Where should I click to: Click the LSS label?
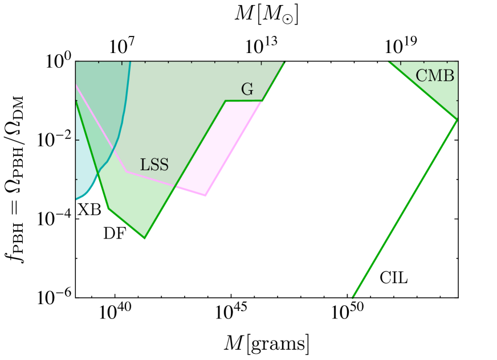(x=154, y=165)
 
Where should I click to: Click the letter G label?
(x=247, y=89)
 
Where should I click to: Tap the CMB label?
(x=435, y=76)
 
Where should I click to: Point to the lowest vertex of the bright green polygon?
(x=145, y=239)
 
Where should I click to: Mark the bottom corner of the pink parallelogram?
(x=206, y=197)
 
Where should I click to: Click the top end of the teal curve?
(x=131, y=63)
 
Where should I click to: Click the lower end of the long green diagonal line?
(x=353, y=297)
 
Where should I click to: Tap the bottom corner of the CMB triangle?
(x=457, y=121)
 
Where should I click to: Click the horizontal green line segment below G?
(x=244, y=101)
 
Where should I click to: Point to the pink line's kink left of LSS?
(x=126, y=171)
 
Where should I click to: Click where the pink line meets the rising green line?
(x=174, y=186)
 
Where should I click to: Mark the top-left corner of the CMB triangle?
(x=389, y=63)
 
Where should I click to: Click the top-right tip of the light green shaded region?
(x=284, y=63)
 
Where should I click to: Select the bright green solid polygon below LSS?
(x=137, y=205)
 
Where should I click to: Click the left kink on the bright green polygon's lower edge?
(x=108, y=210)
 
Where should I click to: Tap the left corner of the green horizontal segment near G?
(x=226, y=101)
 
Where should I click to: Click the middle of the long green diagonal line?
(x=405, y=208)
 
